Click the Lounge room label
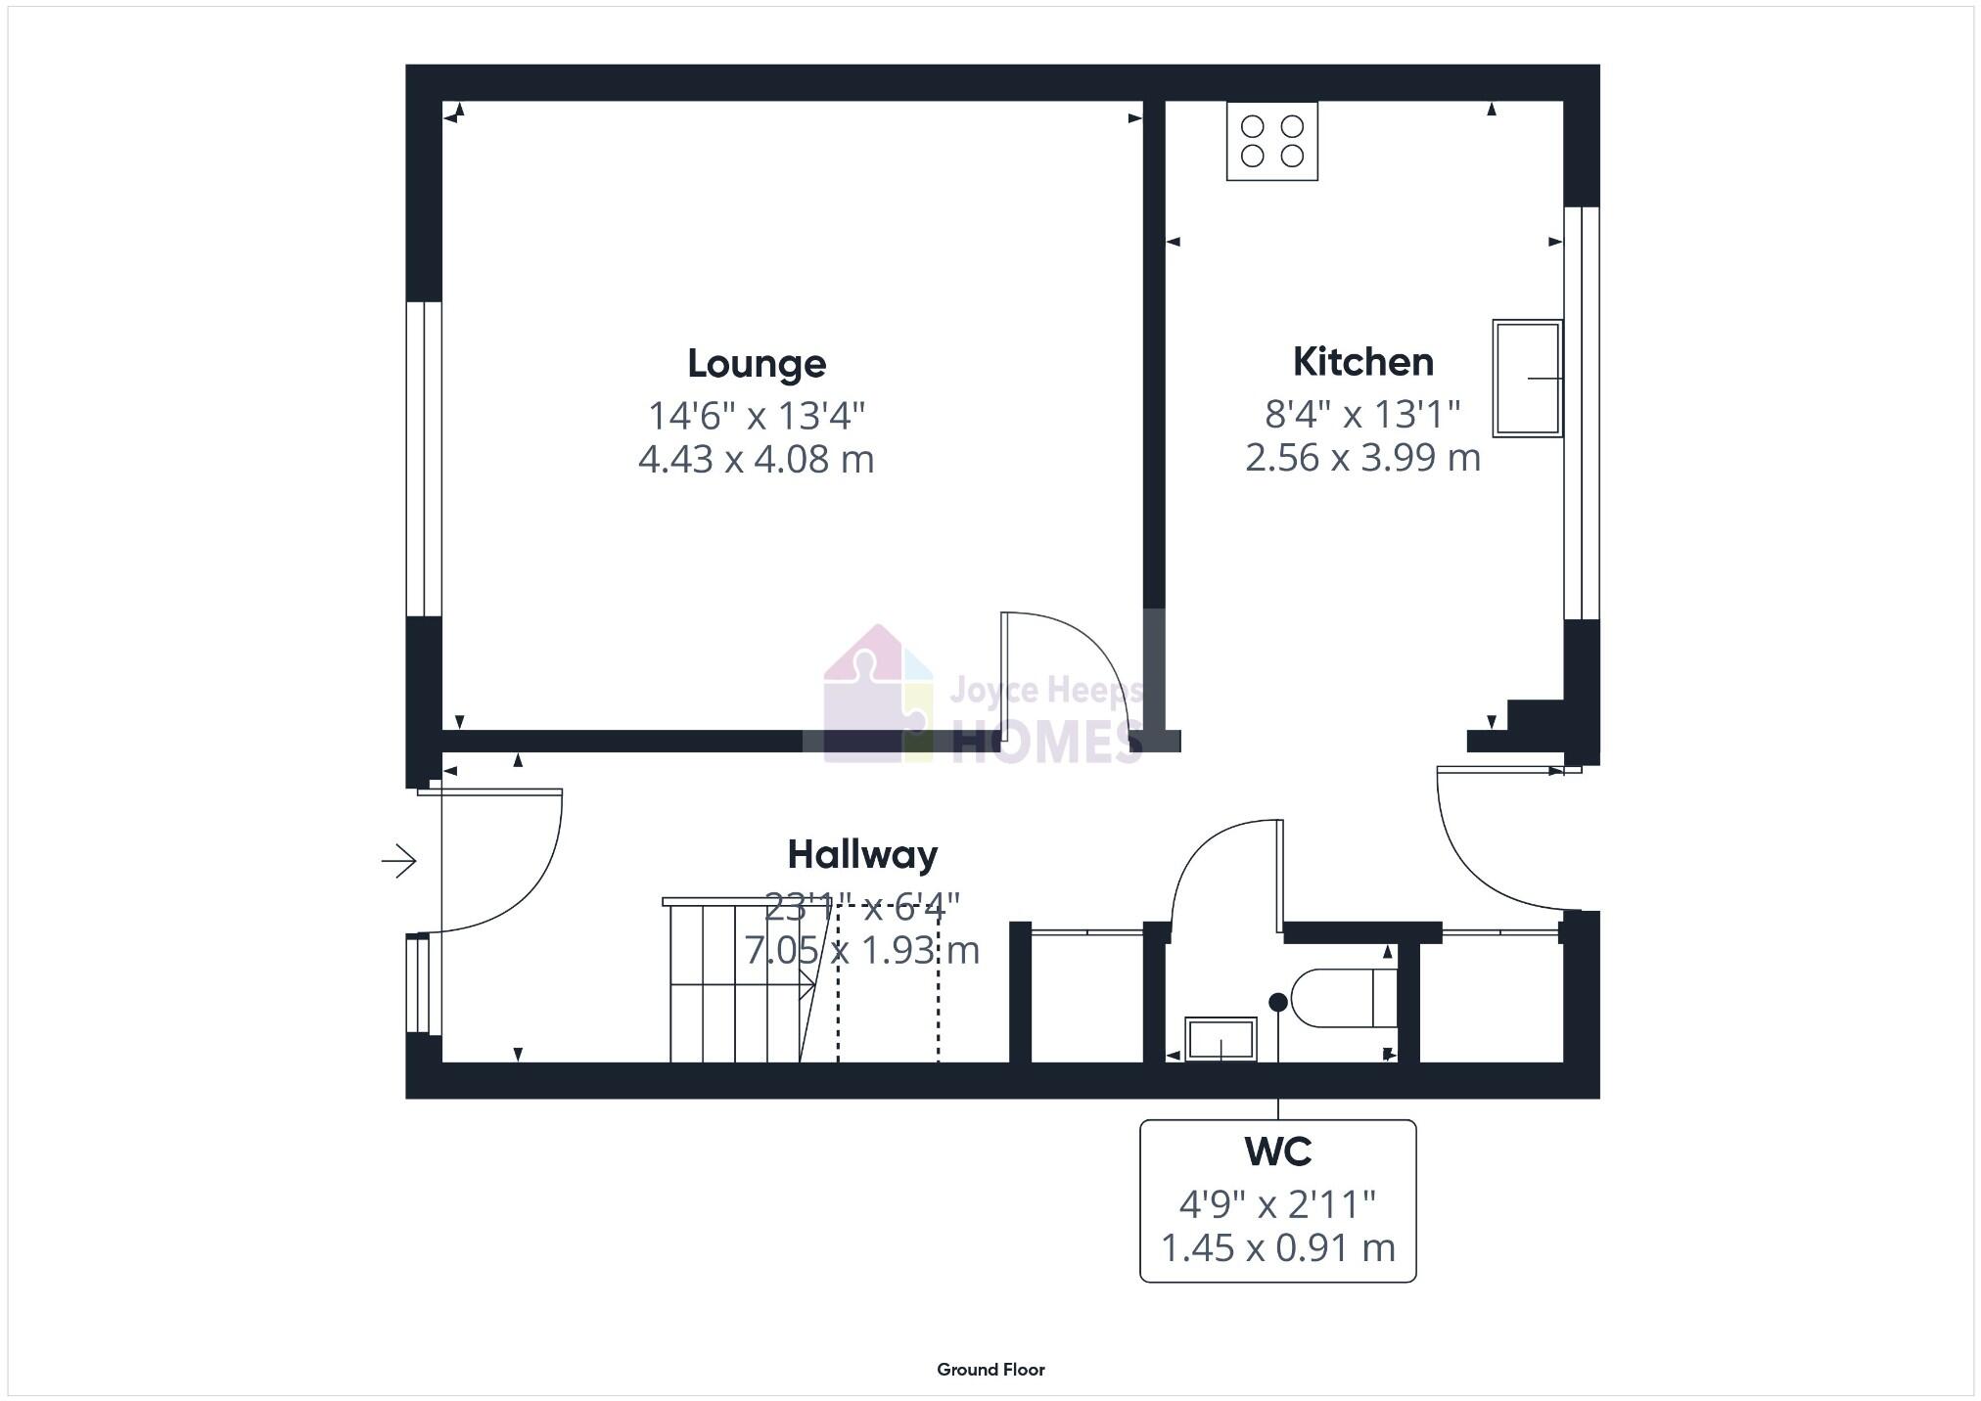click(757, 364)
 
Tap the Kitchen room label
click(1362, 362)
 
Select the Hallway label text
click(862, 855)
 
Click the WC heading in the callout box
click(1277, 1152)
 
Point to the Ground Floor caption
click(990, 1370)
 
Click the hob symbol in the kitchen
click(1271, 141)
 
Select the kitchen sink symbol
click(1526, 378)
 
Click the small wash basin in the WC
click(1220, 1039)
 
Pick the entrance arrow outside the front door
click(399, 861)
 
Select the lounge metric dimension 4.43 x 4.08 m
click(756, 459)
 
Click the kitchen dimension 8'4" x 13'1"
click(1362, 415)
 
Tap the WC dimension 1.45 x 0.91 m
click(1277, 1248)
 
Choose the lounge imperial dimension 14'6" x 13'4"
click(757, 416)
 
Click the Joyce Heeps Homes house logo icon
click(877, 696)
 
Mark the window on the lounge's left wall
click(423, 459)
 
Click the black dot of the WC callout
click(1277, 1002)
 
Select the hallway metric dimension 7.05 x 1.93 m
click(862, 950)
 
